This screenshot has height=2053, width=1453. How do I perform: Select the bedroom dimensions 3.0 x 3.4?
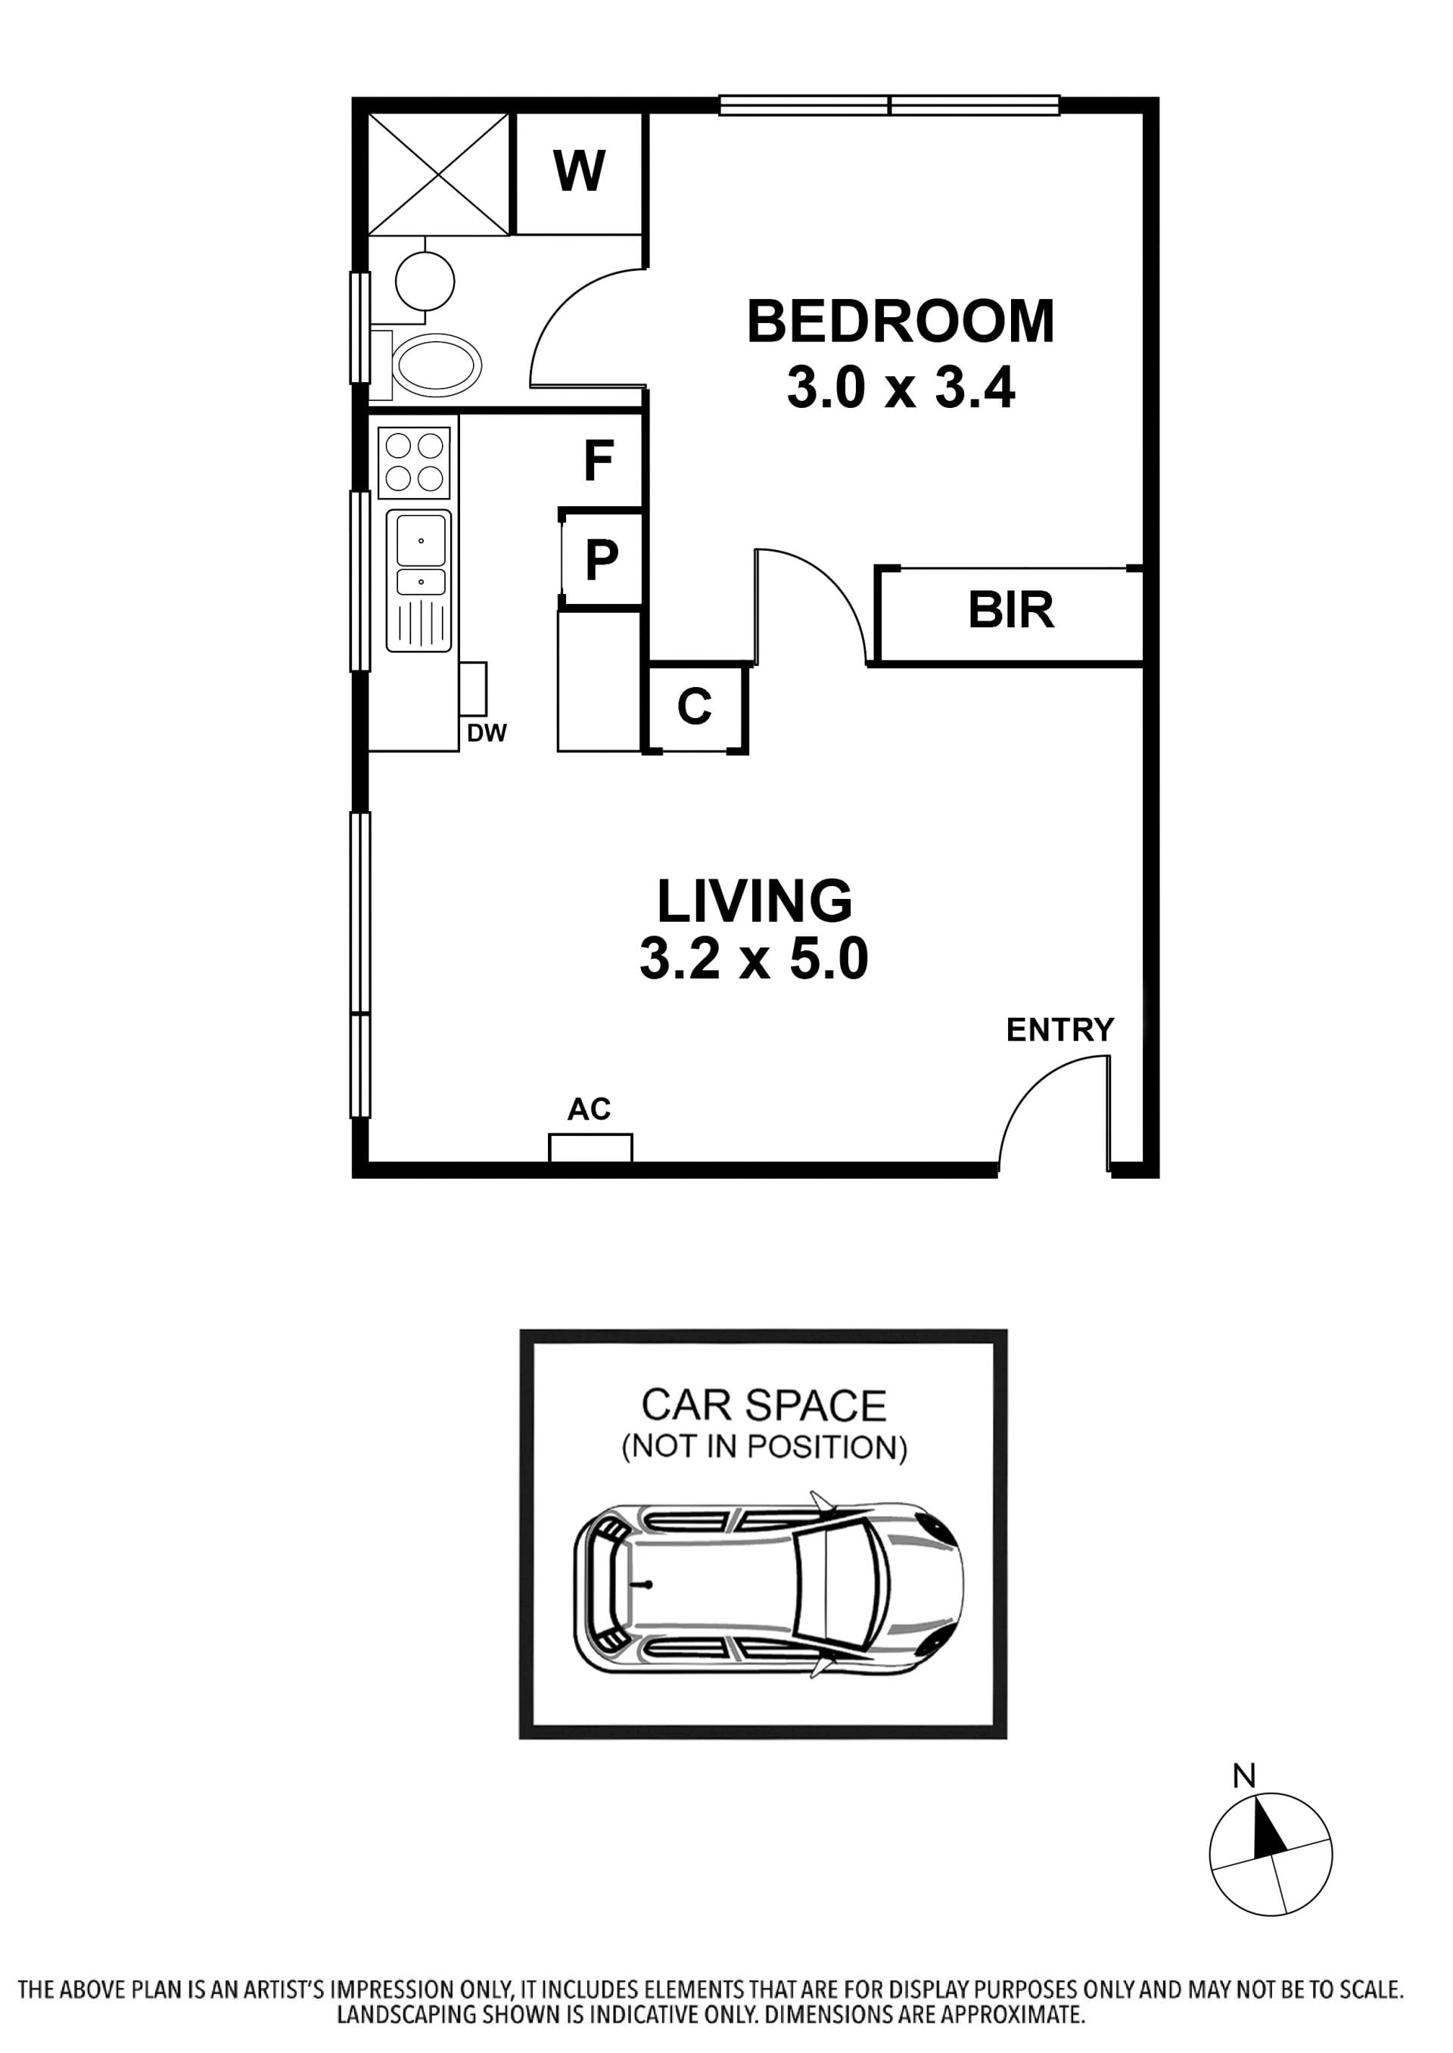click(901, 388)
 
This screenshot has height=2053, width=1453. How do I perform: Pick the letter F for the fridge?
click(599, 461)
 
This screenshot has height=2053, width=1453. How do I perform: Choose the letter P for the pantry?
click(601, 560)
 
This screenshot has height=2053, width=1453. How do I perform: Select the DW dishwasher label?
click(487, 733)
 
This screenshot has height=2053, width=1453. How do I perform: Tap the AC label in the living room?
click(589, 1109)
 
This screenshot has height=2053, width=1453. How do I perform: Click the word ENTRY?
click(1060, 1030)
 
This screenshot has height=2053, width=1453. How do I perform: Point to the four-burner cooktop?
click(413, 462)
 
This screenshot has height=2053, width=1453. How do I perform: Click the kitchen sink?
click(418, 580)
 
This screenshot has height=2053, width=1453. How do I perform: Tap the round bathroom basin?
click(425, 280)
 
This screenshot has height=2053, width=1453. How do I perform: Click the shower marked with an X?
click(438, 175)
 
